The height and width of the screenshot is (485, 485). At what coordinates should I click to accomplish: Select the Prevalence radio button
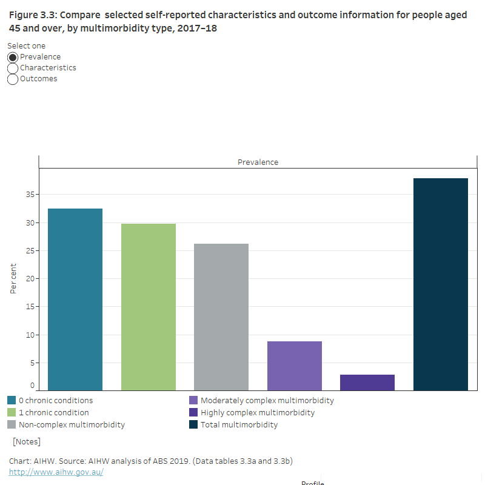13,57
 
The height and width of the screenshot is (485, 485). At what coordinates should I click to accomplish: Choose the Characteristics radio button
13,68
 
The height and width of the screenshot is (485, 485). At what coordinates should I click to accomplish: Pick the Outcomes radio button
13,79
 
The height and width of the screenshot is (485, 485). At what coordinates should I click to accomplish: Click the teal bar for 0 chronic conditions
75,299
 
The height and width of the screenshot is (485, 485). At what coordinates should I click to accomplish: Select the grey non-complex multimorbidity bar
221,317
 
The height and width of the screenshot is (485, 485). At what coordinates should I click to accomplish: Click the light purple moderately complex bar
295,366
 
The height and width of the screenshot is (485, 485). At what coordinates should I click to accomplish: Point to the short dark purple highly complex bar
367,383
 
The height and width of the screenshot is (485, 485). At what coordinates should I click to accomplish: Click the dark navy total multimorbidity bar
441,284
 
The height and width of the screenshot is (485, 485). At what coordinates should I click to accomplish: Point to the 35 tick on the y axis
29,195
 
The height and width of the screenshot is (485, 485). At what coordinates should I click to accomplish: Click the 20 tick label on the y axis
29,279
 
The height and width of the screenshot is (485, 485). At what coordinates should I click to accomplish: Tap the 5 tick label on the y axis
32,363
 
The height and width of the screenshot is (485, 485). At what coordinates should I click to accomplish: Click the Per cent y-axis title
13,278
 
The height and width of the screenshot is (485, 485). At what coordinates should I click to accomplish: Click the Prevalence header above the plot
258,162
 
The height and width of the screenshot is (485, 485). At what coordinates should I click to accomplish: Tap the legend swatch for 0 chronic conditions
12,401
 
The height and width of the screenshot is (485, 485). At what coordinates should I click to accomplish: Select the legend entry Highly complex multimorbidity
258,413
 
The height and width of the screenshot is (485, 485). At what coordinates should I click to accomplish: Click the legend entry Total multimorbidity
239,425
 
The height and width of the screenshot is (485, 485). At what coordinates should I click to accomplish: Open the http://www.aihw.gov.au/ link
56,472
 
